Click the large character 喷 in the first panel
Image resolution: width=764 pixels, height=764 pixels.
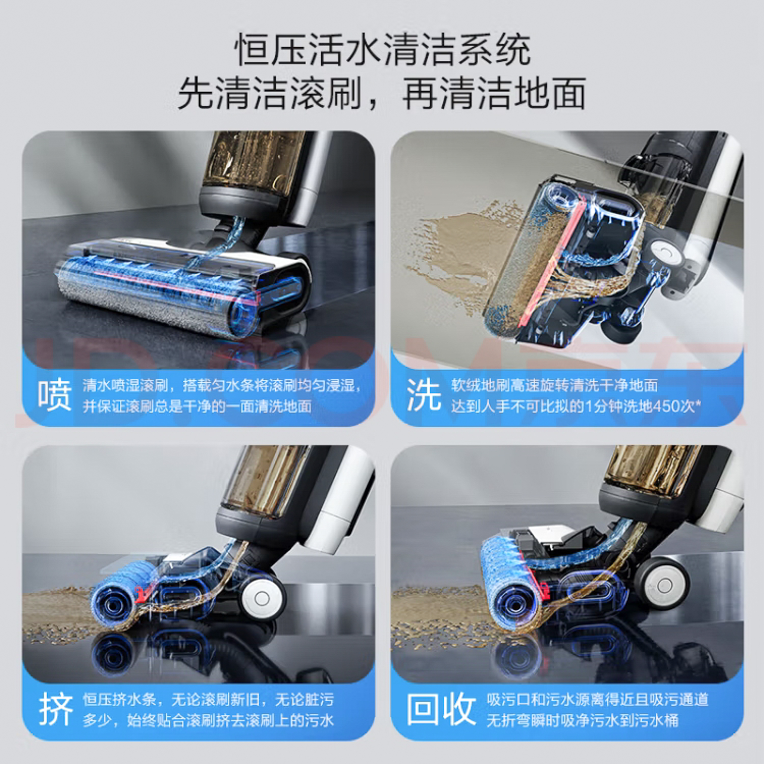pyautogui.click(x=54, y=395)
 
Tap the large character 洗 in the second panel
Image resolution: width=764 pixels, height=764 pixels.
pyautogui.click(x=424, y=395)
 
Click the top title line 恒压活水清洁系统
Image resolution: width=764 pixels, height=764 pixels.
pyautogui.click(x=382, y=50)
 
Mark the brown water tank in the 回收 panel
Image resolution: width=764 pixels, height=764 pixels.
pyautogui.click(x=652, y=470)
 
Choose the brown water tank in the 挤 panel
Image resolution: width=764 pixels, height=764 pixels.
pyautogui.click(x=265, y=480)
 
